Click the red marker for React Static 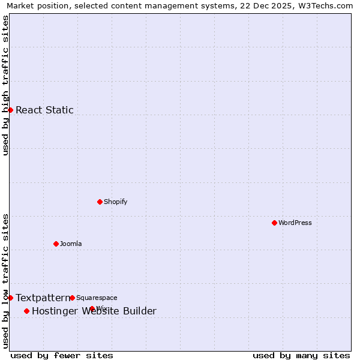tap(10, 110)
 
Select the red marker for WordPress tap(274, 223)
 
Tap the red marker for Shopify tap(100, 202)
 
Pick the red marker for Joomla tap(56, 244)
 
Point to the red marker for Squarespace tap(72, 298)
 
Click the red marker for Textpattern tap(10, 298)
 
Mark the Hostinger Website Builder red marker tap(26, 311)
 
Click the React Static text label tap(44, 110)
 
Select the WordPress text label tap(295, 223)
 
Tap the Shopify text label tap(115, 202)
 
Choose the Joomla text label tap(71, 244)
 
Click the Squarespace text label tap(97, 298)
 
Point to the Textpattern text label tap(43, 298)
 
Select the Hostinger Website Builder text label tap(94, 311)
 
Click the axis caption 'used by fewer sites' tap(62, 355)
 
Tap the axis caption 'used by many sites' tap(301, 355)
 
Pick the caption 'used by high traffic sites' tap(5, 85)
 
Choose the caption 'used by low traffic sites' tap(5, 281)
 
